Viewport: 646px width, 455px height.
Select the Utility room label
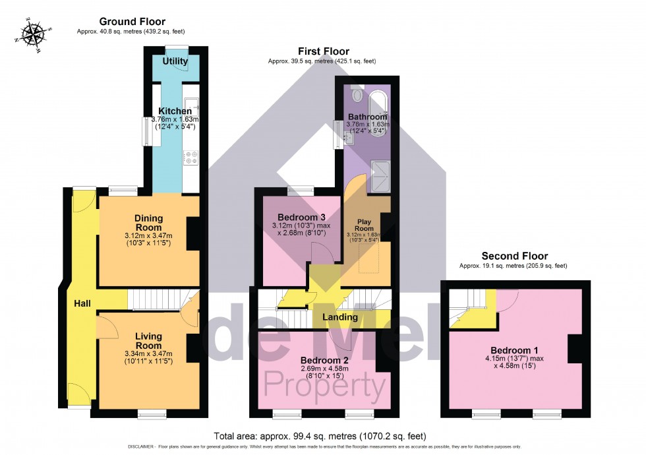(176, 61)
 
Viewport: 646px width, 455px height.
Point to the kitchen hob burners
(191, 158)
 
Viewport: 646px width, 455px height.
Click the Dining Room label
(148, 223)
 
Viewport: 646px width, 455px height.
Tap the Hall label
(82, 303)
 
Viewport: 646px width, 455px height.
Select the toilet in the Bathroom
(358, 95)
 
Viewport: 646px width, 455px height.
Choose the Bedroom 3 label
(301, 217)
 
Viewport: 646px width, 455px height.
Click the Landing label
(340, 317)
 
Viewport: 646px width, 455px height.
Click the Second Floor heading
(514, 256)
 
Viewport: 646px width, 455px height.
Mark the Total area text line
(320, 437)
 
